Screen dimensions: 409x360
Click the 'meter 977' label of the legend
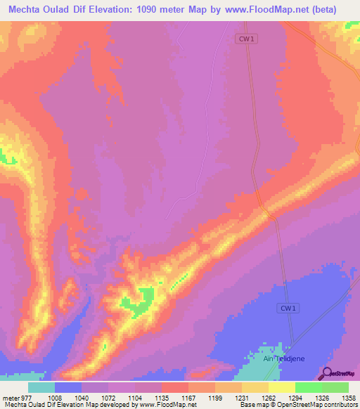pyautogui.click(x=16, y=398)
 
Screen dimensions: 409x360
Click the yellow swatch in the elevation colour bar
pyautogui.click(x=281, y=387)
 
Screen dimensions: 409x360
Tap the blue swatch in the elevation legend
pyautogui.click(x=68, y=387)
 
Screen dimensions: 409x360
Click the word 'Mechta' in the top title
pyautogui.click(x=25, y=9)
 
